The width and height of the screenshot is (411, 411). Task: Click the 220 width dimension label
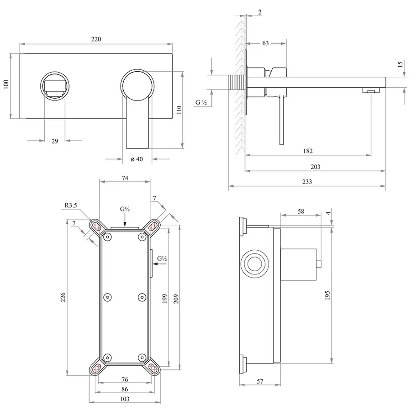click(x=95, y=39)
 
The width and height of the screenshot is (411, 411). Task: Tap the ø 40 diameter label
click(x=137, y=159)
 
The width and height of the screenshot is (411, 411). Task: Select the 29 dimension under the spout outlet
click(x=54, y=141)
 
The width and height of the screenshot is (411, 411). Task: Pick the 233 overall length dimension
click(x=307, y=181)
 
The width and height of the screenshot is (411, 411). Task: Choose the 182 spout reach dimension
click(x=307, y=151)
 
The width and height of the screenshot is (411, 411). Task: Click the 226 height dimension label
click(x=63, y=297)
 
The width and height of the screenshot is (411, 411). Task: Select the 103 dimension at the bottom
click(x=124, y=398)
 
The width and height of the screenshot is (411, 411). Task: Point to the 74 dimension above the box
click(x=125, y=178)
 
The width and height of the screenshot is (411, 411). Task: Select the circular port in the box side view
click(x=253, y=263)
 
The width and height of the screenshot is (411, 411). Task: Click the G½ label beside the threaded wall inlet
click(x=201, y=103)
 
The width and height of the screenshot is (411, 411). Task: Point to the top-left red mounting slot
click(x=97, y=226)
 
